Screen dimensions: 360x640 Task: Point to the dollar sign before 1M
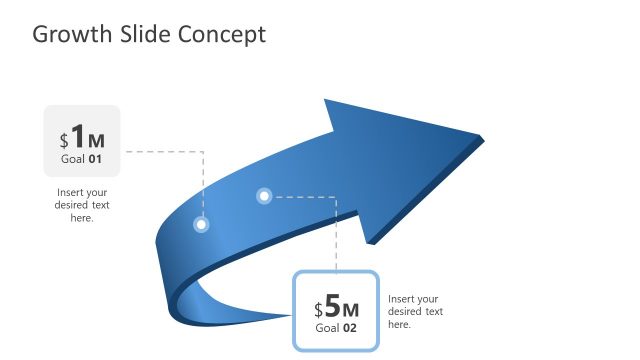pos(64,141)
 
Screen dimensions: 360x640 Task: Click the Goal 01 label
pos(82,159)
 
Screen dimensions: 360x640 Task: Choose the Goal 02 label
pos(336,328)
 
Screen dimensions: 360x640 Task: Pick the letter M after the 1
pos(96,141)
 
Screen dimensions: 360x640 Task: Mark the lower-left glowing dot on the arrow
pos(201,225)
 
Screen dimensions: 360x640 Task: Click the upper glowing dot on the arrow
pos(264,196)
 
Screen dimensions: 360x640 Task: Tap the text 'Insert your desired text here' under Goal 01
pos(82,205)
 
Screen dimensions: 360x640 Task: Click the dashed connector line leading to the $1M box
pos(165,152)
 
